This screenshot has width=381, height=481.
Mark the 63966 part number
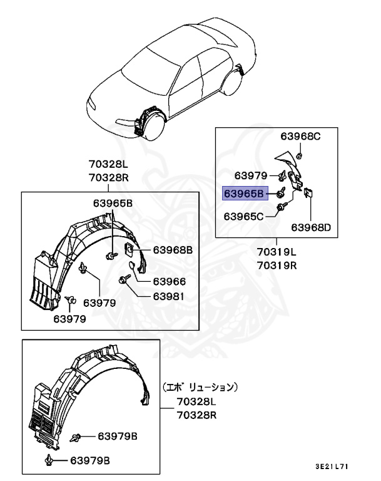170,281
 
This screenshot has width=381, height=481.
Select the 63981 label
170,296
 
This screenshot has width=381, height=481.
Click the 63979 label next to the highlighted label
251,175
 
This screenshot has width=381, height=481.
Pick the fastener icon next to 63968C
300,155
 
